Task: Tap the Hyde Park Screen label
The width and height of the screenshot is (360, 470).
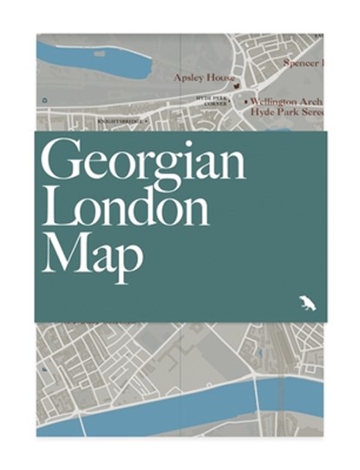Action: click(x=285, y=111)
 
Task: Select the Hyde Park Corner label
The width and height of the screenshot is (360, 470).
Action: click(x=213, y=102)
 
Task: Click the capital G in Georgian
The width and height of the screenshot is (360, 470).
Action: click(x=62, y=163)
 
